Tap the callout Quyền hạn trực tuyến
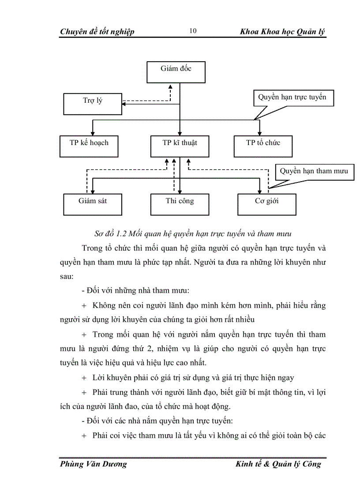[292, 97]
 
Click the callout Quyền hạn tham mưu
[314, 171]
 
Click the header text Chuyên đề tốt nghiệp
[97, 32]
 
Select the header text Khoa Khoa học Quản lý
[282, 32]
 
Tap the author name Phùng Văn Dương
[93, 464]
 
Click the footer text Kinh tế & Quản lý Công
[278, 464]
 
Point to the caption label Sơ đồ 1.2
[97, 231]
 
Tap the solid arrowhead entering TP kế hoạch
[92, 132]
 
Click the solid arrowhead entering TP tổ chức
[259, 132]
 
